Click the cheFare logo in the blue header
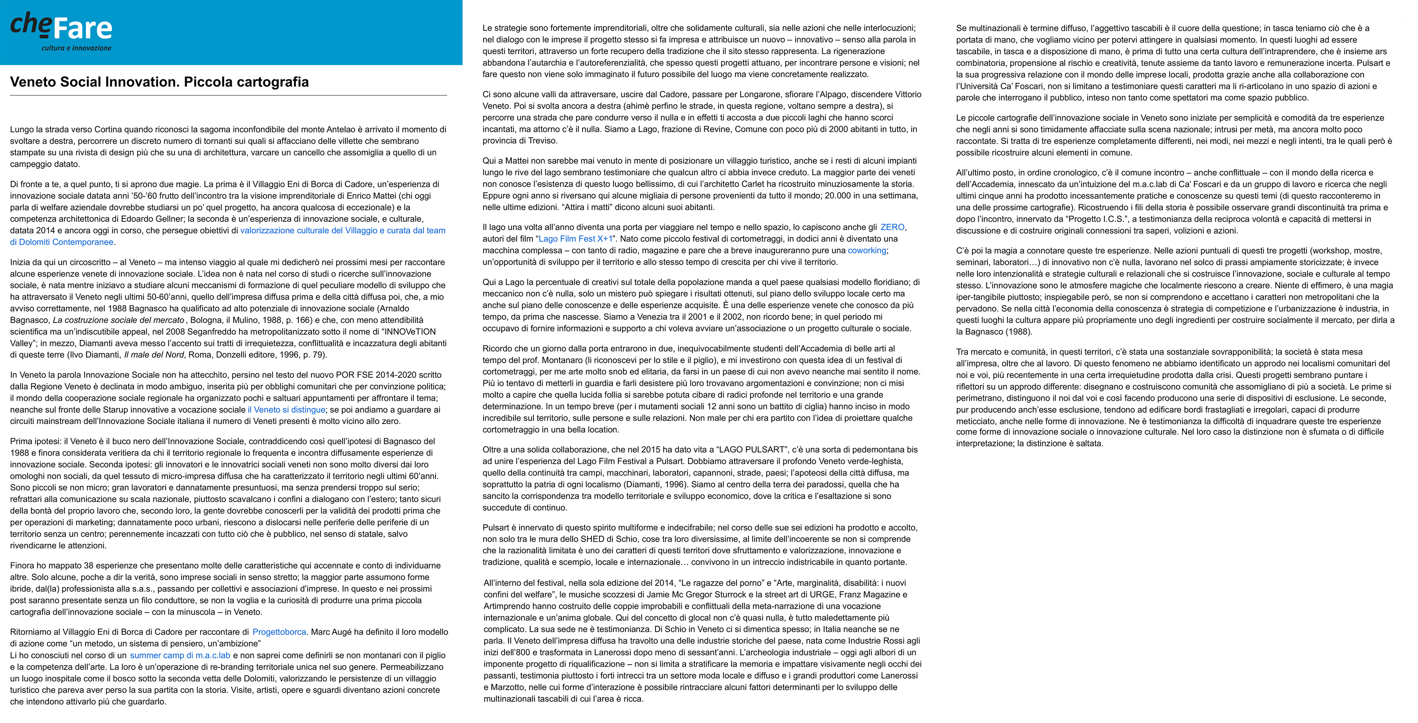(61, 27)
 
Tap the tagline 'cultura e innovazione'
(77, 48)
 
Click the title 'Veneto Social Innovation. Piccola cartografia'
(159, 82)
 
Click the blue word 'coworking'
(867, 250)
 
